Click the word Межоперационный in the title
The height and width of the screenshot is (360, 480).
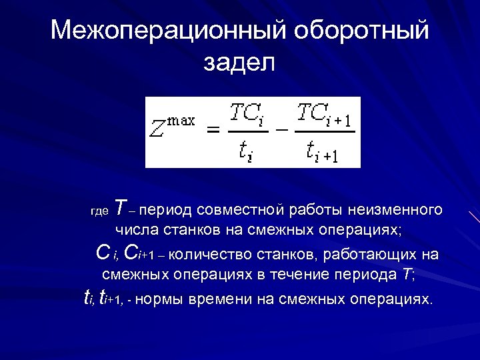point(167,30)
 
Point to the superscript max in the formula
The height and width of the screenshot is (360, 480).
point(181,120)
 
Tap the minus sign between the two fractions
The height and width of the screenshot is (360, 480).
point(281,131)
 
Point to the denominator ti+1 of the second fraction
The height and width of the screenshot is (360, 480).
point(323,153)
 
